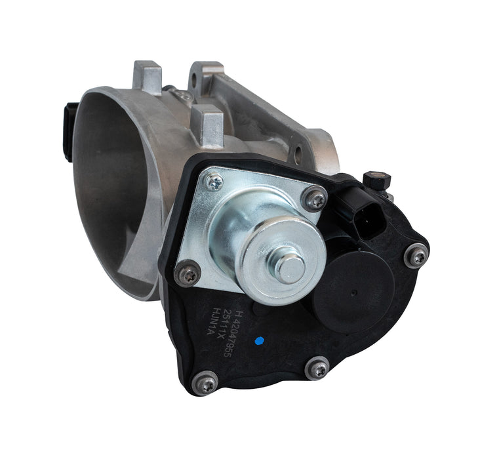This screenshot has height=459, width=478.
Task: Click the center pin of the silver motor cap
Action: pyautogui.click(x=289, y=267)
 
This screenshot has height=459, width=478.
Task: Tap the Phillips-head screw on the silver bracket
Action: pyautogui.click(x=213, y=182)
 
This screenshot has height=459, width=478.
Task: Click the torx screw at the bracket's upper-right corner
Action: pyautogui.click(x=315, y=198)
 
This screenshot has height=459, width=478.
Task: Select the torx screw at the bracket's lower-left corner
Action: pyautogui.click(x=189, y=273)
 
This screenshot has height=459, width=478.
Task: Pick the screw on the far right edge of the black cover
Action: pyautogui.click(x=416, y=255)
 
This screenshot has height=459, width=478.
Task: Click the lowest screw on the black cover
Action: pyautogui.click(x=207, y=380)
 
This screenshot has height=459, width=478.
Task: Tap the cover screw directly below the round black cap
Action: pyautogui.click(x=319, y=369)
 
